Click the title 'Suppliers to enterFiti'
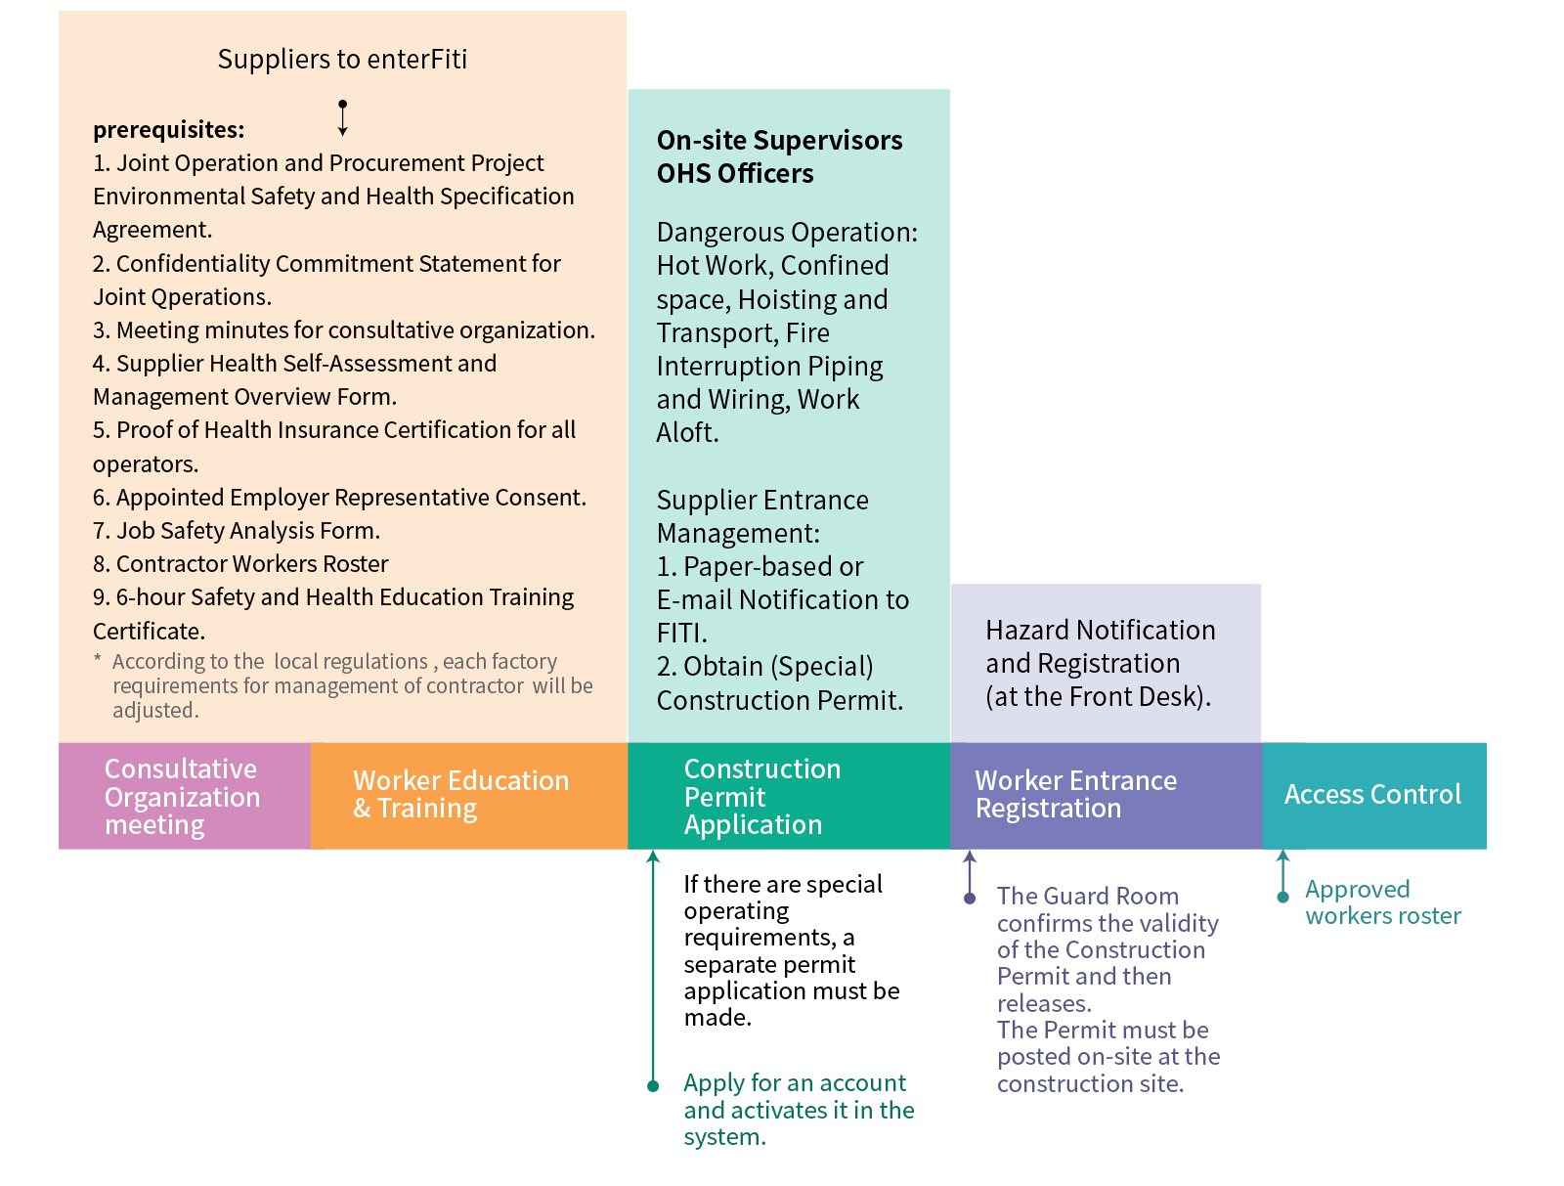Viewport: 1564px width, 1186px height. point(342,60)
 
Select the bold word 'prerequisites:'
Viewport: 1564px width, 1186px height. point(169,130)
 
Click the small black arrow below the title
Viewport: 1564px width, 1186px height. point(343,118)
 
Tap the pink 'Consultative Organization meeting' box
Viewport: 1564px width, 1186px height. point(185,796)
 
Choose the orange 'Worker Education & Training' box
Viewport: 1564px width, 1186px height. point(469,796)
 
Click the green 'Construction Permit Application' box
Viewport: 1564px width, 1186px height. point(789,796)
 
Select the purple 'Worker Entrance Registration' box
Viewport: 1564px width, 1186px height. point(1106,796)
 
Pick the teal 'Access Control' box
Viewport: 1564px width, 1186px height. point(1373,796)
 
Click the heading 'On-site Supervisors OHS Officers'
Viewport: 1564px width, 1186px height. point(779,156)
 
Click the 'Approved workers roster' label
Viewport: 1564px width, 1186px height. point(1382,901)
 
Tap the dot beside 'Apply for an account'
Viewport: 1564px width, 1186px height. point(653,1085)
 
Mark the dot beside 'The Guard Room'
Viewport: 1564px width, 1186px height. point(969,898)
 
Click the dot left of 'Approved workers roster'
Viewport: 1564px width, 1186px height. point(1282,898)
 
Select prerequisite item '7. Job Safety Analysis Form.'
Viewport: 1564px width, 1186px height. point(237,531)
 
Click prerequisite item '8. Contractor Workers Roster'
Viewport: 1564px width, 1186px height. point(240,564)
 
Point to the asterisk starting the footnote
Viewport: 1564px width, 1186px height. point(97,659)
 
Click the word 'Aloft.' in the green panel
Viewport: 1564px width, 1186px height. point(687,432)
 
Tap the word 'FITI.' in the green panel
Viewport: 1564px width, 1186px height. point(682,633)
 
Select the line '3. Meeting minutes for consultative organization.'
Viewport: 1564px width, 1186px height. point(344,330)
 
